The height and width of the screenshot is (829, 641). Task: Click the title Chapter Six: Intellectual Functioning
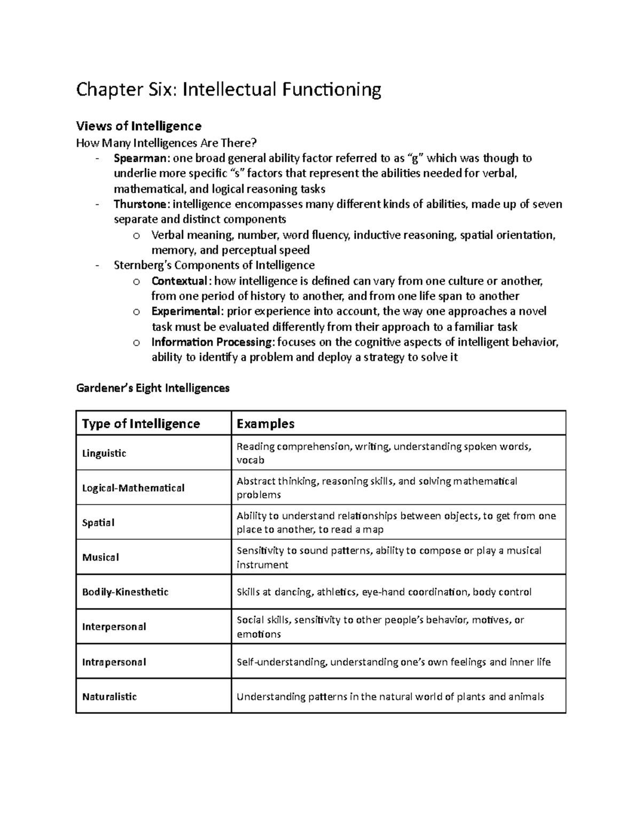[x=228, y=90]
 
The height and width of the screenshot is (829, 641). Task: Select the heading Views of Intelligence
[x=138, y=127]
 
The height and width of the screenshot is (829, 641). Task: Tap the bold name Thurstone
[x=141, y=204]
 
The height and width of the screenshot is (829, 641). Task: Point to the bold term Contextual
[x=178, y=281]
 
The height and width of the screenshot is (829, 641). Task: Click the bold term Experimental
[x=185, y=311]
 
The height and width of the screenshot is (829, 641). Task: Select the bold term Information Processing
[x=212, y=342]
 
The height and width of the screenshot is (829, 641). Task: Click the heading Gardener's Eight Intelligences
[x=152, y=388]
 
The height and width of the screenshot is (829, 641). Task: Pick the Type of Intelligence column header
[x=140, y=424]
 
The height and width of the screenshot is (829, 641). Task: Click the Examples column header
[x=265, y=424]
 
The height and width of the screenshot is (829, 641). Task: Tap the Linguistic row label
[x=104, y=453]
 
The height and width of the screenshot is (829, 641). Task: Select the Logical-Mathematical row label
[x=133, y=488]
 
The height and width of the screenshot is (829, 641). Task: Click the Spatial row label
[x=98, y=523]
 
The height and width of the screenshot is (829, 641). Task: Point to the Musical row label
[x=100, y=557]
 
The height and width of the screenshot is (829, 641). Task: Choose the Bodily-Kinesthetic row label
[x=125, y=592]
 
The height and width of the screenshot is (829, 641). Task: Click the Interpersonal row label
[x=114, y=627]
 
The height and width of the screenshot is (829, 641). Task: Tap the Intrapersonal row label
[x=114, y=662]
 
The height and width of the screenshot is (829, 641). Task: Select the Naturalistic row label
[x=110, y=697]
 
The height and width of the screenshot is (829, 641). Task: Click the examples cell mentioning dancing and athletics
[x=384, y=592]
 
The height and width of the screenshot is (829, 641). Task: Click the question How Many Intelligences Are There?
[x=167, y=143]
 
